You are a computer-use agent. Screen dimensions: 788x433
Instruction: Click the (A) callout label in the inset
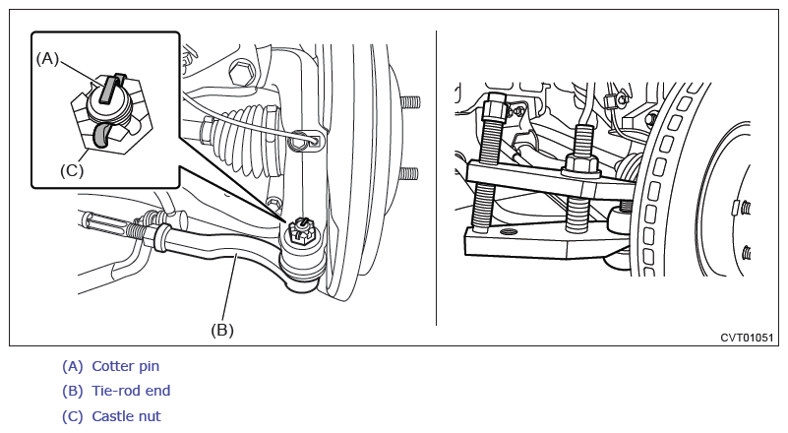[47, 59]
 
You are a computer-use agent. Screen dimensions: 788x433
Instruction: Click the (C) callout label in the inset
[72, 170]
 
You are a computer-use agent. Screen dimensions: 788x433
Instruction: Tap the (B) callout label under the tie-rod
[222, 330]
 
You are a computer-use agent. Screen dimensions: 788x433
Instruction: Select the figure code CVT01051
[747, 338]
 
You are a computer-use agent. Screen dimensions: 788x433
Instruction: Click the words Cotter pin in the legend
[126, 366]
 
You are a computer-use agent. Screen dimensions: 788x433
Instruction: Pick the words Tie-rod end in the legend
[131, 391]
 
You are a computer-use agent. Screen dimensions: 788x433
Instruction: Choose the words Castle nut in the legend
[126, 416]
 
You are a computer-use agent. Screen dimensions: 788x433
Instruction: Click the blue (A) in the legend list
[73, 366]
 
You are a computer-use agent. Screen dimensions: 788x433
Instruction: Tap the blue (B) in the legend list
[73, 391]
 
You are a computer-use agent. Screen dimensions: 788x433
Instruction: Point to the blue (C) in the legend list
[73, 416]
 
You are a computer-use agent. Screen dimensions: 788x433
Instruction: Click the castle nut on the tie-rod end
[302, 233]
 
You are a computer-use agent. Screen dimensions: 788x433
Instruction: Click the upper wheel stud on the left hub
[409, 102]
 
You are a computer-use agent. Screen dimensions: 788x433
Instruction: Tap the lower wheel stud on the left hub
[408, 174]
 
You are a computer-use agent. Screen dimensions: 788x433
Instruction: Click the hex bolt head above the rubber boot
[241, 73]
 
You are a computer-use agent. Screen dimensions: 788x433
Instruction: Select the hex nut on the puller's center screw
[582, 164]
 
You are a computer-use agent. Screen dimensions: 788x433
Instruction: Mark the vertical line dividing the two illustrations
[436, 178]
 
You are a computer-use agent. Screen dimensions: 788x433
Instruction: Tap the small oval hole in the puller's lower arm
[508, 231]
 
